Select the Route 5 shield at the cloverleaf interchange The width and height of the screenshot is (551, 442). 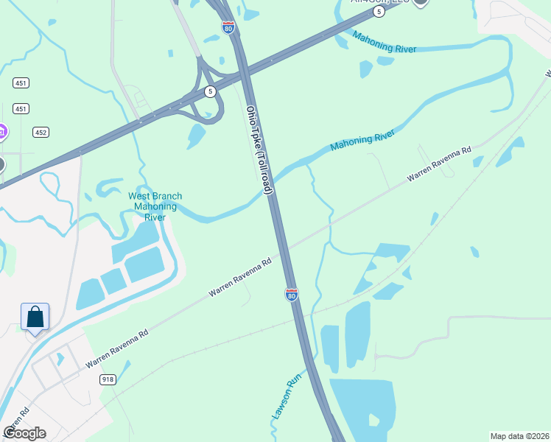coord(211,91)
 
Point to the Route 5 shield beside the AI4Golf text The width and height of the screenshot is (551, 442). coord(378,12)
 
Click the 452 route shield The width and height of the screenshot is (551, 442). coord(41,133)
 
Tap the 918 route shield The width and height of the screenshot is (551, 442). coord(108,379)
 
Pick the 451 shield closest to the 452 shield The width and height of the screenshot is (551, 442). coord(21,109)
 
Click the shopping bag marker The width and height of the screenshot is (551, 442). coord(35,318)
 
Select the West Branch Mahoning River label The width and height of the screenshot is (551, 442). coord(155,206)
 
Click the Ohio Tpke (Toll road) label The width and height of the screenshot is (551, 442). coord(259,150)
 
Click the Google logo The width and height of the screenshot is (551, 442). coord(24,432)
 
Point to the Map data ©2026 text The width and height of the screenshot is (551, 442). coord(519,436)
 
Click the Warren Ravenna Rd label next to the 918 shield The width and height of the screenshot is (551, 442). coord(116,349)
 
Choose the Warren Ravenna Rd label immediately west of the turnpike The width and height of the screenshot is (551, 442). coord(240,276)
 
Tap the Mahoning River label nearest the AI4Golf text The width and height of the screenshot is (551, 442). coord(384,43)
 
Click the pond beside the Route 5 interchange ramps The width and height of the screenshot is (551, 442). coord(196,136)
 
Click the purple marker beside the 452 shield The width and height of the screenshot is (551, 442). coord(2,133)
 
